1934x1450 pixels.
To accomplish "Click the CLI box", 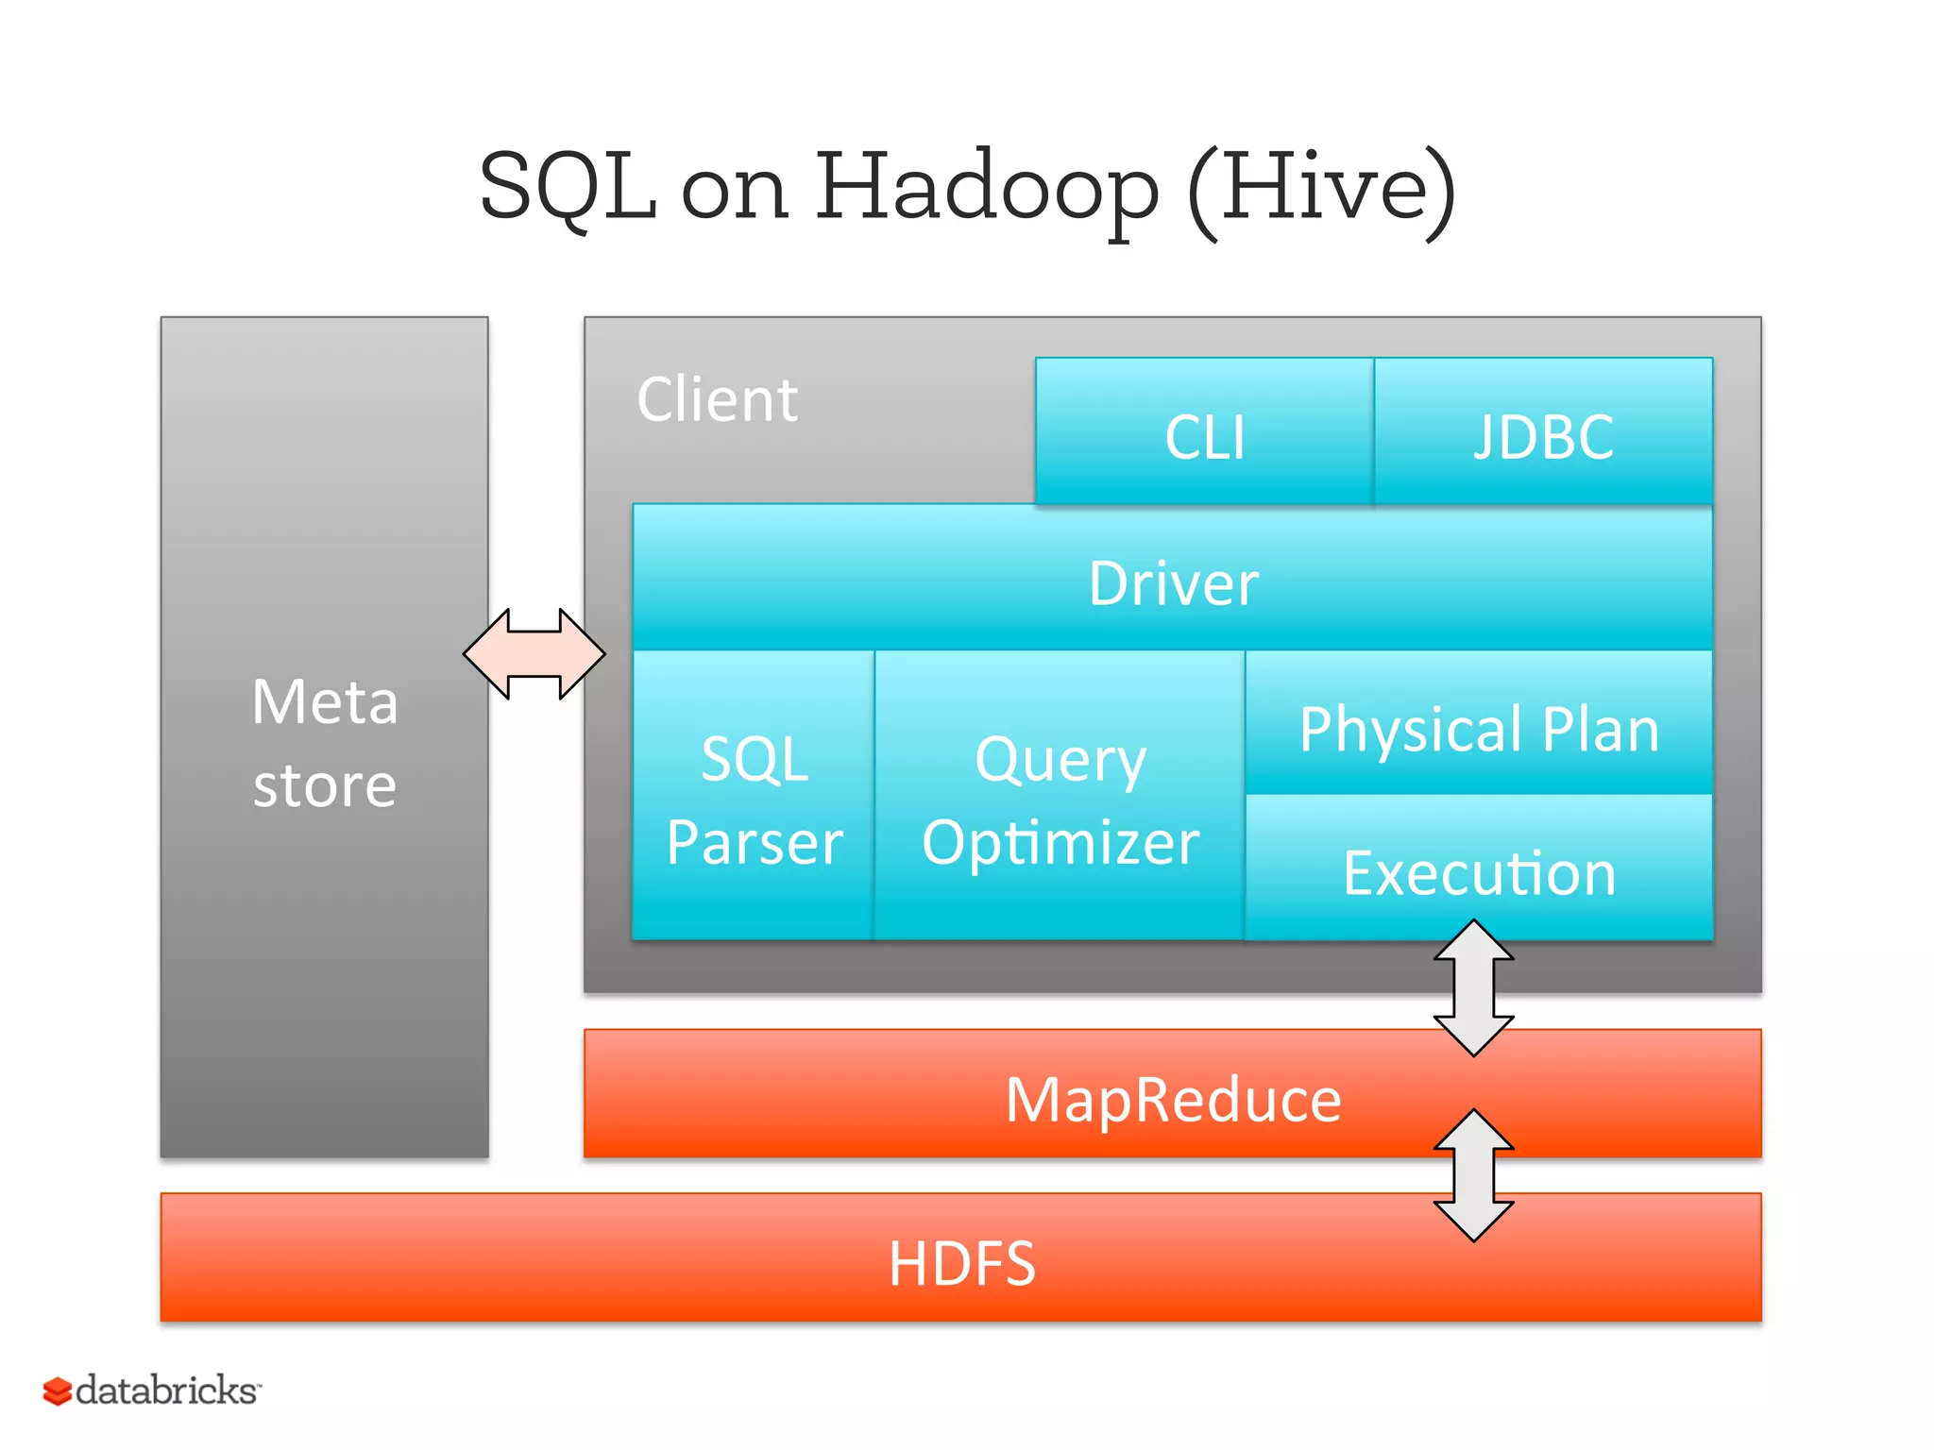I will (x=1204, y=436).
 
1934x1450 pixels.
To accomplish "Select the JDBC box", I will (x=1543, y=436).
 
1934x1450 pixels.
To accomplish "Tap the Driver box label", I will (x=1173, y=582).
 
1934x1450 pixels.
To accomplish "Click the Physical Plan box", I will (x=1479, y=728).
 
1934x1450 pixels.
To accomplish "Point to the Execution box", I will (x=1479, y=872).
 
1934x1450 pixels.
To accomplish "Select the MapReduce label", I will (x=1173, y=1099).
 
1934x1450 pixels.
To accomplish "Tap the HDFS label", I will (x=961, y=1263).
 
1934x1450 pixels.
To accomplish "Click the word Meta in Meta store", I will (x=325, y=701).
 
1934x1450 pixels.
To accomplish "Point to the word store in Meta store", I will (x=325, y=785).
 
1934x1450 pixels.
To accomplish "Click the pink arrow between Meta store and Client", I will (x=534, y=653).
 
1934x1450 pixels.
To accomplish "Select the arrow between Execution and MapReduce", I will (x=1473, y=988).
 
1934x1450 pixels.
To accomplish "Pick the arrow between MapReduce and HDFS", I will (x=1473, y=1175).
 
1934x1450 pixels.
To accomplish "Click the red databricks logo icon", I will (x=57, y=1391).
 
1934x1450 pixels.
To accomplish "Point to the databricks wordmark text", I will (x=166, y=1391).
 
